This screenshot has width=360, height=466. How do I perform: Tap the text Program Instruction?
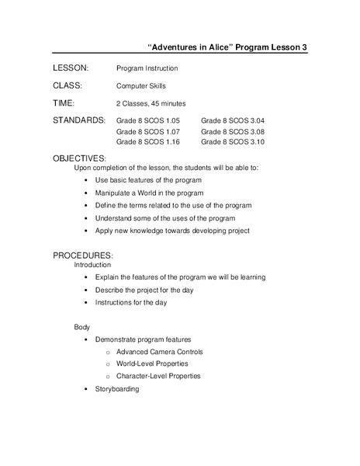[147, 68]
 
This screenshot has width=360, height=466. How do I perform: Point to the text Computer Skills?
[140, 86]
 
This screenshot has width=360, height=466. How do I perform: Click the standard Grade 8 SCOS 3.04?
[233, 121]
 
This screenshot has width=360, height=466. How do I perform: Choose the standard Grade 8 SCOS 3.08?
[233, 132]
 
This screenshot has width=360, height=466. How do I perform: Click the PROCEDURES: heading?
[83, 256]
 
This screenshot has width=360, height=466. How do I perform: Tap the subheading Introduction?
[92, 265]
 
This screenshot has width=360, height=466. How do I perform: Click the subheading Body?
[81, 327]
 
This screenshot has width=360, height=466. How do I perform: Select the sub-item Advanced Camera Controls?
[158, 352]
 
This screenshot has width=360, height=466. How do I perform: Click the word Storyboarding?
[117, 388]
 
